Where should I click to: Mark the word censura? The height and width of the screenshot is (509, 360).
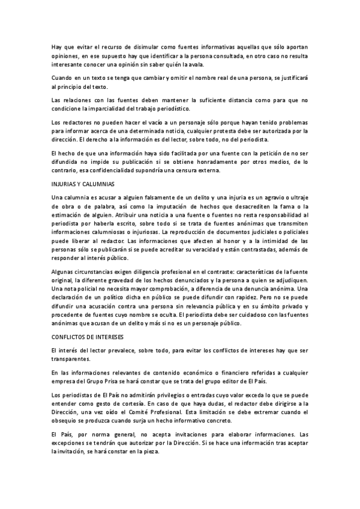tap(194, 170)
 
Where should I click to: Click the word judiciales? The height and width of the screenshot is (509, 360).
tap(257, 231)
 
